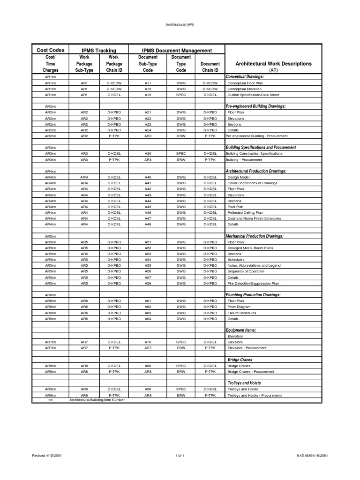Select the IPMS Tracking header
pyautogui.click(x=98, y=50)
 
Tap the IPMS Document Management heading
pyautogui.click(x=177, y=50)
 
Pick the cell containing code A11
pyautogui.click(x=148, y=82)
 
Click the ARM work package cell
pyautogui.click(x=84, y=177)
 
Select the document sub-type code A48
pyautogui.click(x=148, y=224)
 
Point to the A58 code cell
pyautogui.click(x=148, y=283)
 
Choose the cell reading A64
pyautogui.click(x=148, y=319)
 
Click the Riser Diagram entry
pyautogui.click(x=239, y=307)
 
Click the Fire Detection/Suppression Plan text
pyautogui.click(x=253, y=283)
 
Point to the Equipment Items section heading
pyautogui.click(x=241, y=330)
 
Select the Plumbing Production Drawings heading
pyautogui.click(x=253, y=295)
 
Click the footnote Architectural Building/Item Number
pyautogui.click(x=97, y=400)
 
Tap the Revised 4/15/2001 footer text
pyautogui.click(x=47, y=455)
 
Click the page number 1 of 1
pyautogui.click(x=180, y=455)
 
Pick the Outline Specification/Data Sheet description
pyautogui.click(x=253, y=94)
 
